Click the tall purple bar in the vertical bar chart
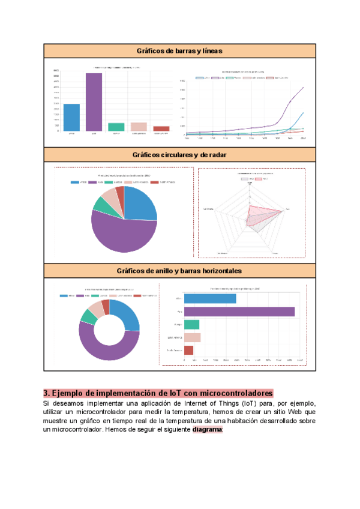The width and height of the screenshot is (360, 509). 94,101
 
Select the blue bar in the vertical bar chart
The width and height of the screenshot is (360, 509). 71,117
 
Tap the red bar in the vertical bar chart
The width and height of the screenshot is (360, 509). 161,128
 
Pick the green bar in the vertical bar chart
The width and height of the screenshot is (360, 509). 116,127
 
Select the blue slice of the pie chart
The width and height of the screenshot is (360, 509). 140,204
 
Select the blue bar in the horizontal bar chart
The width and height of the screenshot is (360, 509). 209,298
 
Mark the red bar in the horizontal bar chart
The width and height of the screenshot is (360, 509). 188,350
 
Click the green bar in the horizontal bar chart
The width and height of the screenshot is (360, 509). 191,324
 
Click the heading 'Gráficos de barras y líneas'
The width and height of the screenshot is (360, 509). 179,51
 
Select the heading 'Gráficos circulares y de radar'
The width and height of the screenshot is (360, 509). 179,155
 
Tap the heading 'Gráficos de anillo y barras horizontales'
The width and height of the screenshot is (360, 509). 179,271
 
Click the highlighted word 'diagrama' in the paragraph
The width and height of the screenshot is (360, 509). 207,430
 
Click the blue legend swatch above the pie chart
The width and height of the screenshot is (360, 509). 75,182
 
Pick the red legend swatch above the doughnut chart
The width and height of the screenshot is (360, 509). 137,296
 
